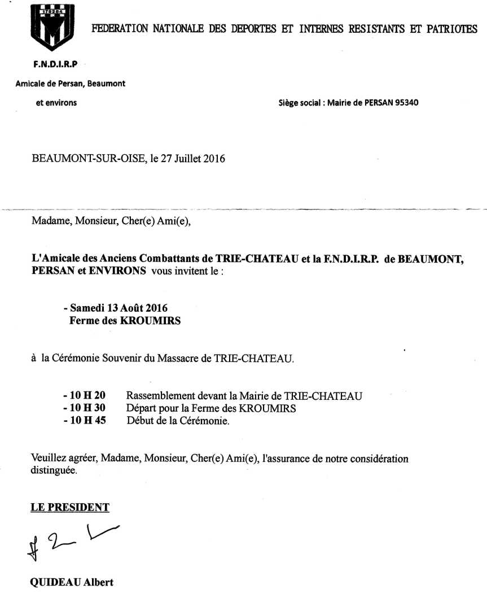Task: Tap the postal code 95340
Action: (405, 103)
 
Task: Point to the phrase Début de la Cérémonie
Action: (178, 421)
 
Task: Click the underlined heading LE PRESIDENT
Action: (70, 507)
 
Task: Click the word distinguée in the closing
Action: (54, 470)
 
